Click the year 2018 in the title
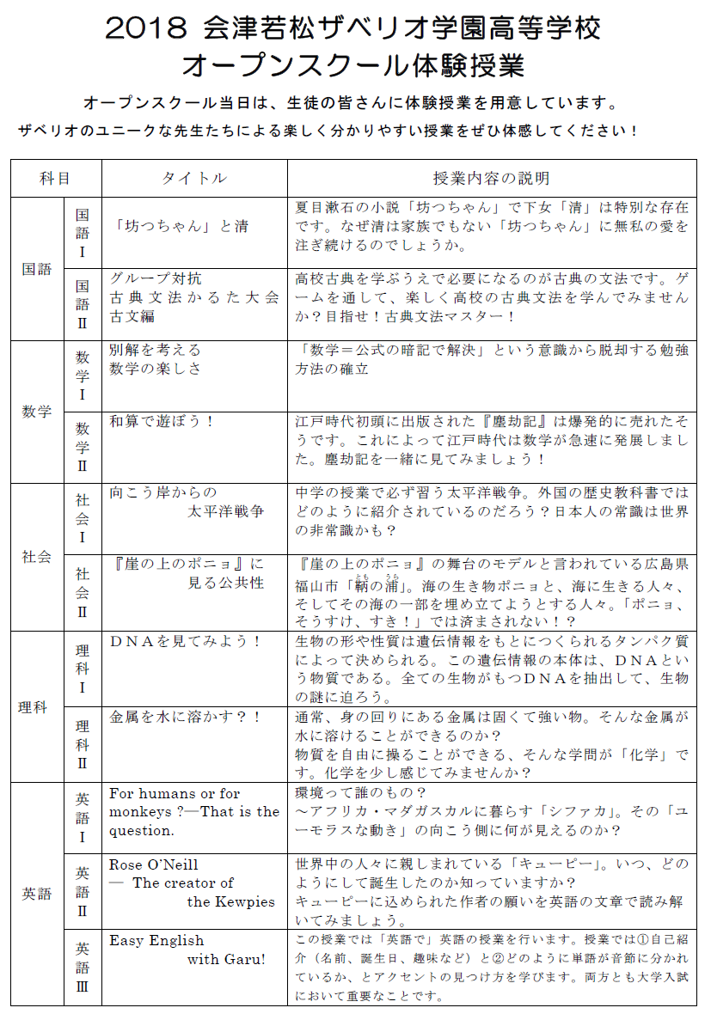[144, 29]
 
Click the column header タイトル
[194, 179]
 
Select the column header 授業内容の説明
[491, 179]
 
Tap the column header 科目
[55, 179]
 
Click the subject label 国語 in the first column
[37, 269]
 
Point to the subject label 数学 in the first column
[37, 412]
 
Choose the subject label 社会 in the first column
[37, 556]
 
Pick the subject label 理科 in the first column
[37, 707]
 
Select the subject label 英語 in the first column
[37, 894]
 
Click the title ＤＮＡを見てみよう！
[185, 642]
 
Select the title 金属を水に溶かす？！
[185, 716]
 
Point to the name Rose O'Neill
[154, 864]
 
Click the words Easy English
[156, 941]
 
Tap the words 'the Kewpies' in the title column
[231, 901]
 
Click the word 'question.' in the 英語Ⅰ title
[142, 830]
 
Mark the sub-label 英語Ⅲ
[83, 968]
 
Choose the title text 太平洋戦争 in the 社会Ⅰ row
[226, 510]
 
